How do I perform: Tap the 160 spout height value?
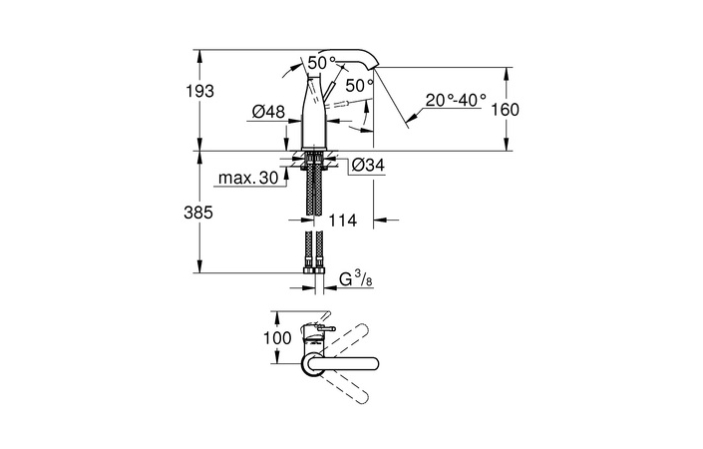click(506, 110)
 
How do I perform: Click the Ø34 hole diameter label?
click(367, 166)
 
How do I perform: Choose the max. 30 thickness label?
click(249, 180)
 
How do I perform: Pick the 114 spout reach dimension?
click(343, 219)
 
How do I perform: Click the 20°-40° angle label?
click(454, 100)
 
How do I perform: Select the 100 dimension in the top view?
click(277, 338)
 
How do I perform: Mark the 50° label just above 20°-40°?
click(360, 85)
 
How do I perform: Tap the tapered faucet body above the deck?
click(317, 120)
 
